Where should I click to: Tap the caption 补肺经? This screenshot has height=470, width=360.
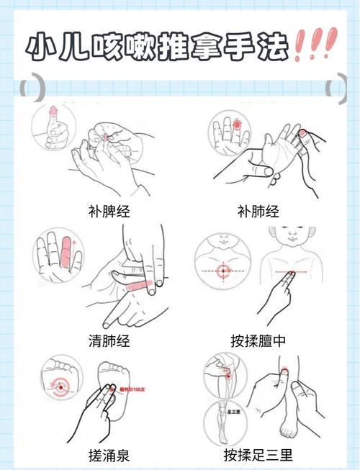[257, 212]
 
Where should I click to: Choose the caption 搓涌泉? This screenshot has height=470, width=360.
[107, 455]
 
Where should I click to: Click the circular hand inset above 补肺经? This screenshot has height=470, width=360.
[230, 132]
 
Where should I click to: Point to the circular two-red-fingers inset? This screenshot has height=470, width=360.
[60, 255]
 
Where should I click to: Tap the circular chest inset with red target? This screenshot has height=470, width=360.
[222, 271]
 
